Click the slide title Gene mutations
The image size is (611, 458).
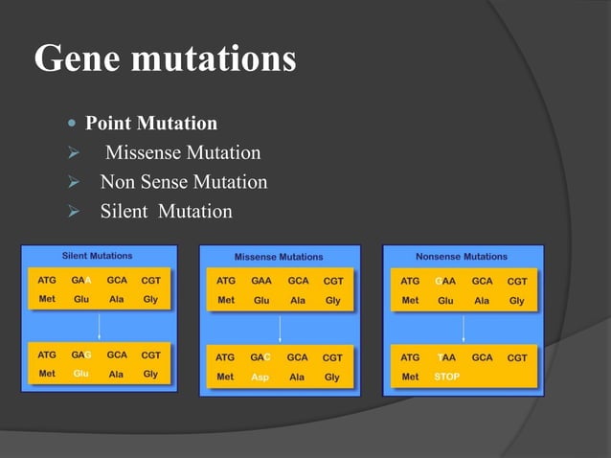tap(165, 59)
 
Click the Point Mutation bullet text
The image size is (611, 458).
tap(151, 124)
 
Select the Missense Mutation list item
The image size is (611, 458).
tap(182, 153)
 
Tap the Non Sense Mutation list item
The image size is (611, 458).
tap(183, 182)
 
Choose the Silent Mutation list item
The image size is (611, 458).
tap(166, 211)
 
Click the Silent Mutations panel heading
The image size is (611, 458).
tap(97, 256)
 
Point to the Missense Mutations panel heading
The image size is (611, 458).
tap(279, 257)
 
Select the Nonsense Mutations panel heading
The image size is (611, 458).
tap(462, 257)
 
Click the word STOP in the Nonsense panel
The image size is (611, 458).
tap(446, 377)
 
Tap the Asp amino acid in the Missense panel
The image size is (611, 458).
tap(260, 378)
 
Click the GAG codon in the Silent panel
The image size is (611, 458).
tap(80, 355)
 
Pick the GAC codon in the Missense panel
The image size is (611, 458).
tap(260, 357)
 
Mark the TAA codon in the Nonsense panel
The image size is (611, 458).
tap(446, 357)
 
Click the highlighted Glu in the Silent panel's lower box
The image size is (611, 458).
tap(80, 374)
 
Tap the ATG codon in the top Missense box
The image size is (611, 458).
tap(225, 281)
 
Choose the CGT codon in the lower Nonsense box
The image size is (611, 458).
tap(517, 357)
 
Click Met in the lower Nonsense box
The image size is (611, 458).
tap(410, 377)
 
